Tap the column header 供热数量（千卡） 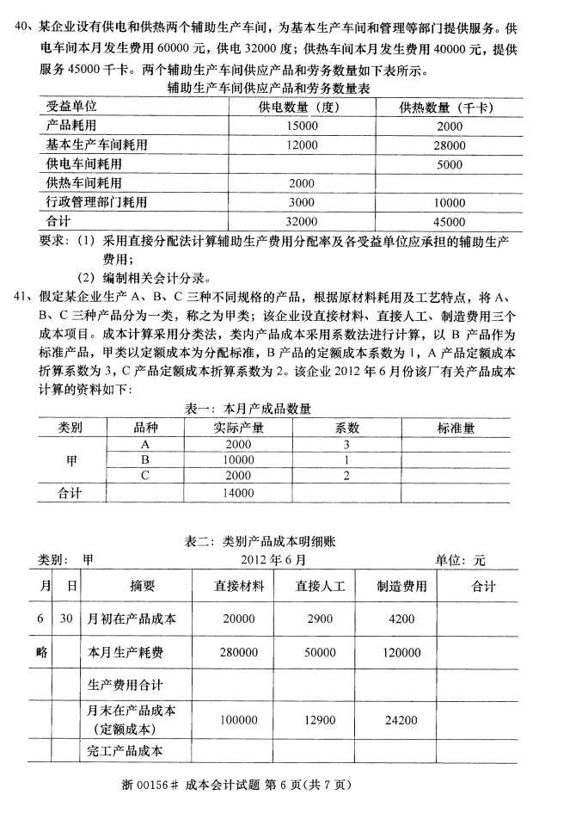coord(450,108)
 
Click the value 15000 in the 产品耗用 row coord(303,126)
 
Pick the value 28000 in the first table coord(449,145)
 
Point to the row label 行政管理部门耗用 coord(96,202)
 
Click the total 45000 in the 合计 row coord(449,221)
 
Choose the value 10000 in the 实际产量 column coord(238,459)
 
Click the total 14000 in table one coord(238,493)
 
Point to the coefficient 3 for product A coord(346,444)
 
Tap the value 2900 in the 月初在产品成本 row coord(320,619)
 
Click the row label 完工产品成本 coord(125,750)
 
